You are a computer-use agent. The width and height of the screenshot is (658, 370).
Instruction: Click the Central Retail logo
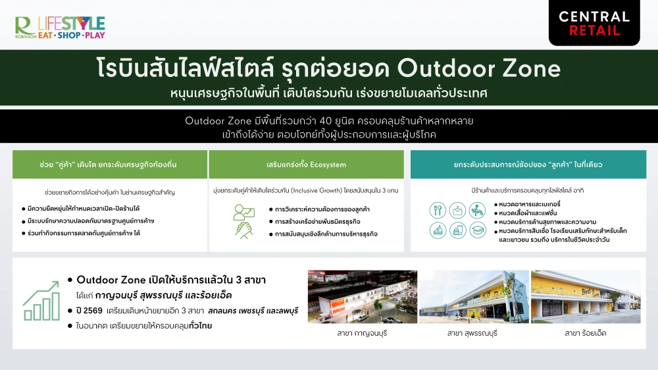pos(594,23)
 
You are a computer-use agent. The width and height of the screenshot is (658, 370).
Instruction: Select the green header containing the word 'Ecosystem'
pos(306,164)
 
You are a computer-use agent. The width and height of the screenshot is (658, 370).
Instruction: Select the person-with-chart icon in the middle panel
pos(243,211)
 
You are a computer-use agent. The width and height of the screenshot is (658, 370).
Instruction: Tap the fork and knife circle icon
pos(438,210)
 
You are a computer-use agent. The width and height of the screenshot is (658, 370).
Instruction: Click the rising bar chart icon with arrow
pos(41,302)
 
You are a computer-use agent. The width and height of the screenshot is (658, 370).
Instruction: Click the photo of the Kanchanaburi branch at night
pos(362,296)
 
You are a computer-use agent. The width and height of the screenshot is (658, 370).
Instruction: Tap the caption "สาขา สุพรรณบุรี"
pos(474,333)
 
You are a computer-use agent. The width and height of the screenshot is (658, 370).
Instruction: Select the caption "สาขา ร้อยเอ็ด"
pos(586,333)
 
